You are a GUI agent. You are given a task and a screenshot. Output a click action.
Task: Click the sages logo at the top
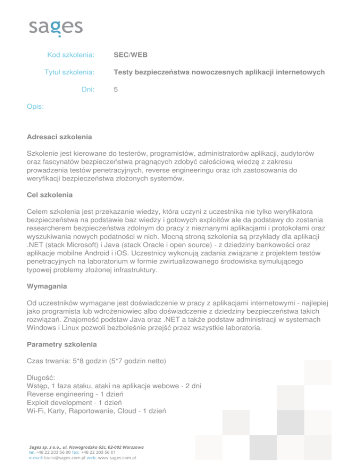pyautogui.click(x=56, y=27)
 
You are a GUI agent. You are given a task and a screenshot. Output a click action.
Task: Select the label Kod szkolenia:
pyautogui.click(x=71, y=55)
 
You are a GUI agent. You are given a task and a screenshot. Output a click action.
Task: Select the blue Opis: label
pyautogui.click(x=36, y=107)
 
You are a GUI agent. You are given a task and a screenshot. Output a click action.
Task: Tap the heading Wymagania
pyautogui.click(x=48, y=286)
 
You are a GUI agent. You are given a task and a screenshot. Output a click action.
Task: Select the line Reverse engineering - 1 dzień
pyautogui.click(x=80, y=394)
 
